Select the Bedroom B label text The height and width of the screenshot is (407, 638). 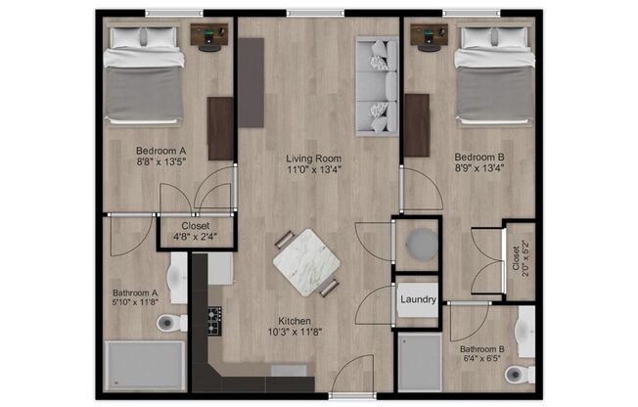click(x=478, y=157)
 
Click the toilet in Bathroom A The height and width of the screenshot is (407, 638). click(x=170, y=322)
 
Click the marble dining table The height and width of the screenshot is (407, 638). click(x=306, y=261)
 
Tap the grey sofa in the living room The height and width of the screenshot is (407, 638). click(x=376, y=85)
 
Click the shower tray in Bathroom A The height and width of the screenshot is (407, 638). click(x=144, y=363)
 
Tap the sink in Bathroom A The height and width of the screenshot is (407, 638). click(x=179, y=279)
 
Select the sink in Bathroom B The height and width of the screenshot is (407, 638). click(x=526, y=332)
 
